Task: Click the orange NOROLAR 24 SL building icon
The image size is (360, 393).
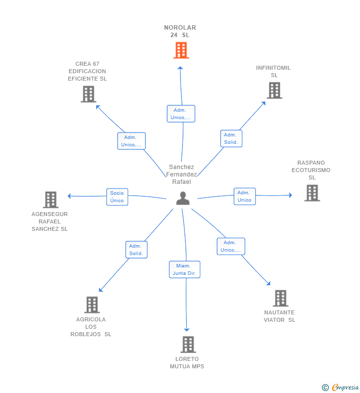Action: [181, 50]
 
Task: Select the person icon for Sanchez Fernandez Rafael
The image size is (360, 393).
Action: [183, 198]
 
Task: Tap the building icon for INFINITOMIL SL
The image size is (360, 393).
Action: [274, 90]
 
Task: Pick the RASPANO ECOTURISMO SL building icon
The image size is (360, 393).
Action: [312, 193]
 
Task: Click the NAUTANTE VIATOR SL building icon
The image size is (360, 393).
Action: [280, 298]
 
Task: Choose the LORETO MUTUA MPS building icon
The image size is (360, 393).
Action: [188, 345]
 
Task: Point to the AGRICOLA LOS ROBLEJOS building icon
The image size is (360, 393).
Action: [92, 305]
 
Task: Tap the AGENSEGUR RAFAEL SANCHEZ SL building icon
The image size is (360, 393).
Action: [50, 200]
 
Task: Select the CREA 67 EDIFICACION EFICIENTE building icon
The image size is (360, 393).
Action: [89, 94]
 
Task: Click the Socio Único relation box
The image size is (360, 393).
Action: [117, 197]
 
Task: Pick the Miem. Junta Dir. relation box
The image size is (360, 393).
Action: [184, 269]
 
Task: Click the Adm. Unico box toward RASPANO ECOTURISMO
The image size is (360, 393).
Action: [245, 196]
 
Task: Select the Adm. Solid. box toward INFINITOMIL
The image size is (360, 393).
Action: [231, 138]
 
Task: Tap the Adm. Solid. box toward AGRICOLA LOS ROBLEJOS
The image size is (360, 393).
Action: [136, 250]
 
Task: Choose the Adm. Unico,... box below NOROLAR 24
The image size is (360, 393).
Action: [181, 114]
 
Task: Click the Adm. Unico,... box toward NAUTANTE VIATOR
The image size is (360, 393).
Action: [231, 246]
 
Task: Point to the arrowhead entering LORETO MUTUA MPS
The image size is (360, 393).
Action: [186, 329]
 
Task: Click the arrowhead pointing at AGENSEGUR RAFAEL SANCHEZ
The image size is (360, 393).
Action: [69, 196]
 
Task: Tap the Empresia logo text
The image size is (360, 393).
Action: [345, 387]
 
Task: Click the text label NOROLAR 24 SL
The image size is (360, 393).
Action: [180, 31]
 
